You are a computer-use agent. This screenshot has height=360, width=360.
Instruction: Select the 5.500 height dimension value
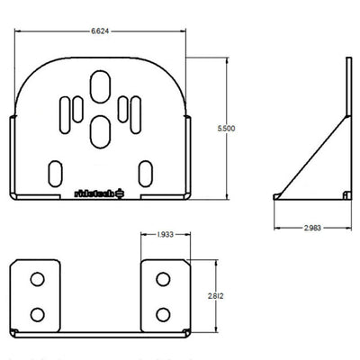[x=227, y=130]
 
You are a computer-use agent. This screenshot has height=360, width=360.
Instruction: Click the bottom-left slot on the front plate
[x=55, y=171]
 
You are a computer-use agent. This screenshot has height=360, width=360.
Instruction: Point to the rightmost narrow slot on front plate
[x=139, y=113]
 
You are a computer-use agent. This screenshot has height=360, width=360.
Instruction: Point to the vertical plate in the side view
[x=346, y=126]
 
